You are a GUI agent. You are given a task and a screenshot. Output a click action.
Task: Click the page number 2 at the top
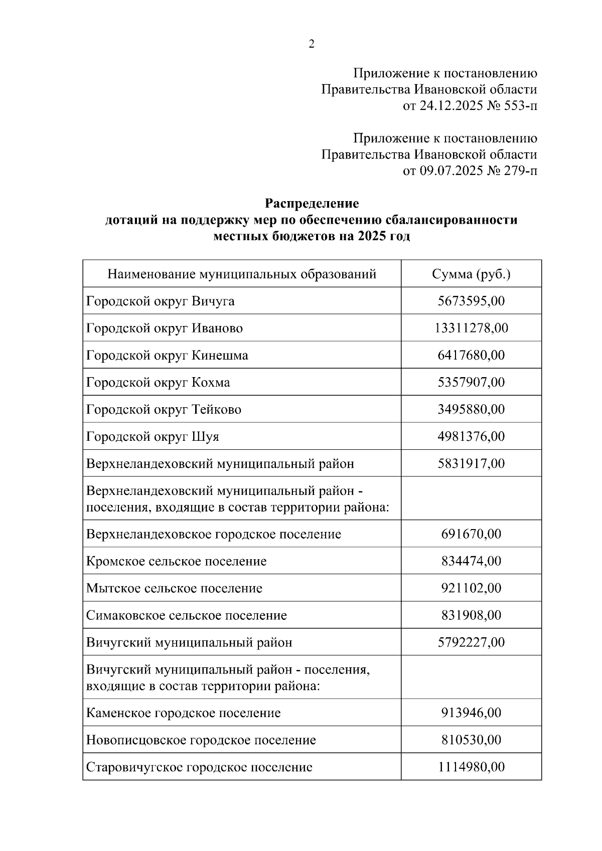coord(311,45)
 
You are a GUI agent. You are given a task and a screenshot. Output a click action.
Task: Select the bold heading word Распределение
coord(312,204)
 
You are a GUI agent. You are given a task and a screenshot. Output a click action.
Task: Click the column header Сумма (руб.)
coord(471,274)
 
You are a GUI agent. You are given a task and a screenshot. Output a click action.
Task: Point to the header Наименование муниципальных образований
coord(242,274)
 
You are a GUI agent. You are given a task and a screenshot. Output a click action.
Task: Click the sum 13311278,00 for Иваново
coord(471,328)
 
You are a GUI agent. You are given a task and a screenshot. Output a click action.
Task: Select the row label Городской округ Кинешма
coord(167,356)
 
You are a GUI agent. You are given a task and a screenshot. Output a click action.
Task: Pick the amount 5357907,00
coord(471,383)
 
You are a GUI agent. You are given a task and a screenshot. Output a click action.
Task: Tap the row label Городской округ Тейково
coord(164,410)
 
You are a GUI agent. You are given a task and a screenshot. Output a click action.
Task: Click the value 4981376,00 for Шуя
coord(471,437)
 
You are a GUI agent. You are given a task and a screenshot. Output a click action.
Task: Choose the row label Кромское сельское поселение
coord(176,561)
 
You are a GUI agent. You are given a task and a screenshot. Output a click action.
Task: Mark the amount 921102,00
coord(471,588)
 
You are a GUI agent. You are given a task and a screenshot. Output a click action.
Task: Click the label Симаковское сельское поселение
coord(186,615)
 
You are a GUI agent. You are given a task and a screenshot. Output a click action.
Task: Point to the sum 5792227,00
coord(471,642)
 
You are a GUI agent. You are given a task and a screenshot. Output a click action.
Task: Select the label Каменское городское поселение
coord(183,713)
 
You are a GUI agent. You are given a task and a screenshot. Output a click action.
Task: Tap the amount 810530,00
coord(471,740)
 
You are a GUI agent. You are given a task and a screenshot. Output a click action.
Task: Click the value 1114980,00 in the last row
coord(471,767)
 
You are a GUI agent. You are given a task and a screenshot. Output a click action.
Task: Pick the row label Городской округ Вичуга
coord(160,301)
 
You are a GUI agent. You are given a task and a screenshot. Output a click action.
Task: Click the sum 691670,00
coord(471,534)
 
